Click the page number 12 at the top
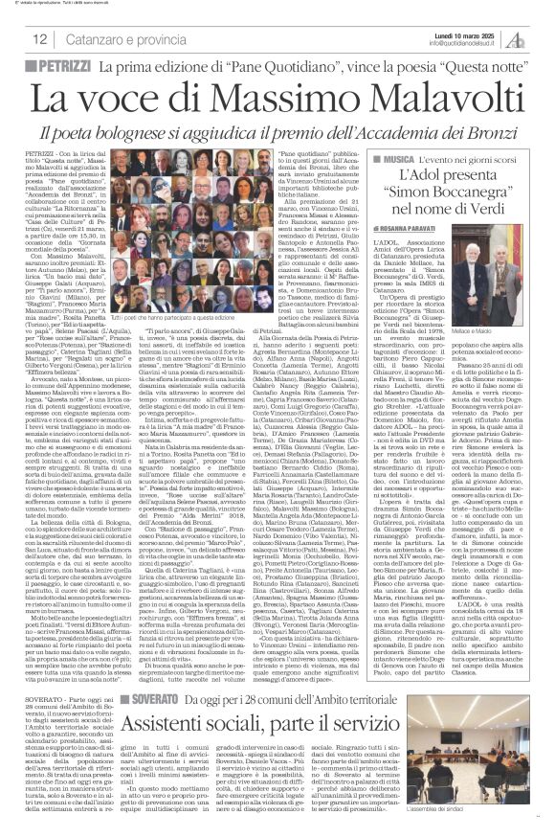tap(40, 39)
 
